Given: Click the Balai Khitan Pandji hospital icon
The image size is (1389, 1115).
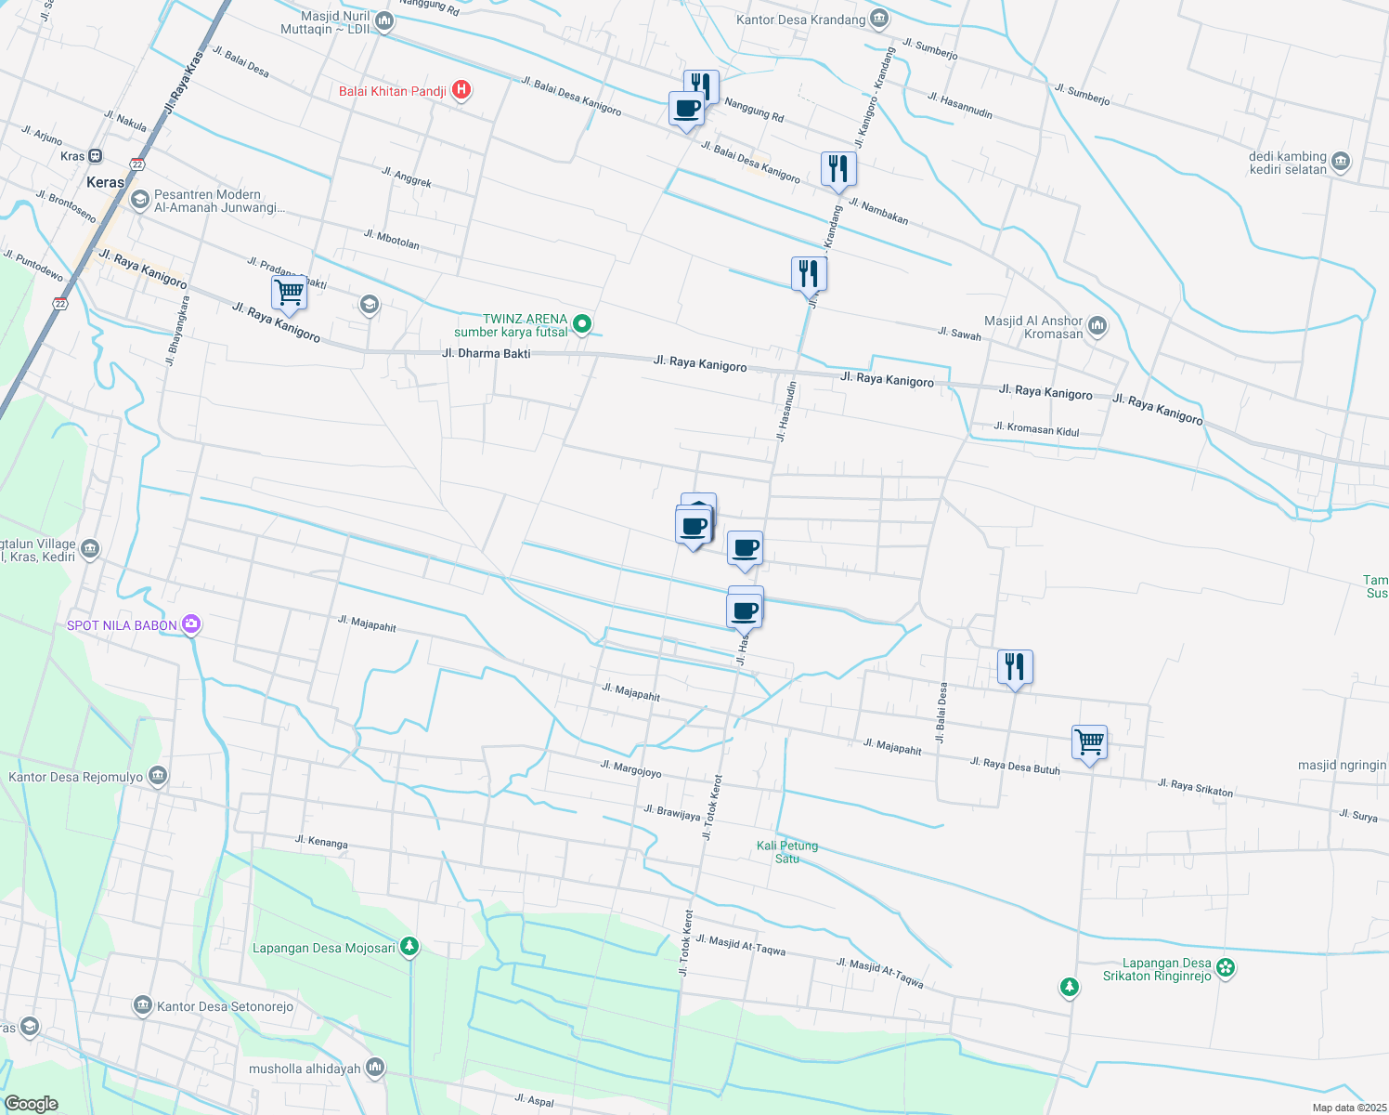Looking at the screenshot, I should coord(461,90).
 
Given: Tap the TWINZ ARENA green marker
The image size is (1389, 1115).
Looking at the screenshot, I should coord(582,324).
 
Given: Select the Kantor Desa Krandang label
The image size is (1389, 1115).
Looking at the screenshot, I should coord(800,20).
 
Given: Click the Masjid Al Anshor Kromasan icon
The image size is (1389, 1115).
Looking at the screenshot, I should coord(1097,325).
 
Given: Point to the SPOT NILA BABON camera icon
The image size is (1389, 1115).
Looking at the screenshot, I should coord(191,624).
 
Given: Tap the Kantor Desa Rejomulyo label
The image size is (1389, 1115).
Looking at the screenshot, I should coord(76,777).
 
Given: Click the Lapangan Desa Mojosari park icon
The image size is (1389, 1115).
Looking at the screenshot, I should coord(409,947).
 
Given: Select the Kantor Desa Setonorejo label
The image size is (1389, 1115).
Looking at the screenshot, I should coord(225,1006).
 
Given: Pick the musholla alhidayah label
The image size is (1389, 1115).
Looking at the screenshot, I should coord(305,1069).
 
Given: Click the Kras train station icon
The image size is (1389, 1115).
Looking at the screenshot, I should coord(95,156).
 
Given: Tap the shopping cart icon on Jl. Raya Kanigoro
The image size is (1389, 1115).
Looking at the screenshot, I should coord(290,292).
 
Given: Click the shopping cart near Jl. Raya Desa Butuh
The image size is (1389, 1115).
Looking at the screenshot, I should coord(1089,742).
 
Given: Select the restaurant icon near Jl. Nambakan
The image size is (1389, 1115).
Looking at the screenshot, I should coord(838,169).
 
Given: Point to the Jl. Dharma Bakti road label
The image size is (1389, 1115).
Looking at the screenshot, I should coord(487,353).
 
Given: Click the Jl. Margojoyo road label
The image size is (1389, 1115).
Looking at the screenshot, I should coord(630,768).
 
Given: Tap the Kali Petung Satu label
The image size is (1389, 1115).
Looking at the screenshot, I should coord(787,852).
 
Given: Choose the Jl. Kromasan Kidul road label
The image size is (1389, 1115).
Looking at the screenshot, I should coord(1036,429).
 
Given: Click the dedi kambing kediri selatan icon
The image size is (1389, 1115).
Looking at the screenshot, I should coord(1340,162).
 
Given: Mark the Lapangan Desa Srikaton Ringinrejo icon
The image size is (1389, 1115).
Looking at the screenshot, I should coord(1226,967).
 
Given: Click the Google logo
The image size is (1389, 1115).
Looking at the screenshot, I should coord(31,1104).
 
